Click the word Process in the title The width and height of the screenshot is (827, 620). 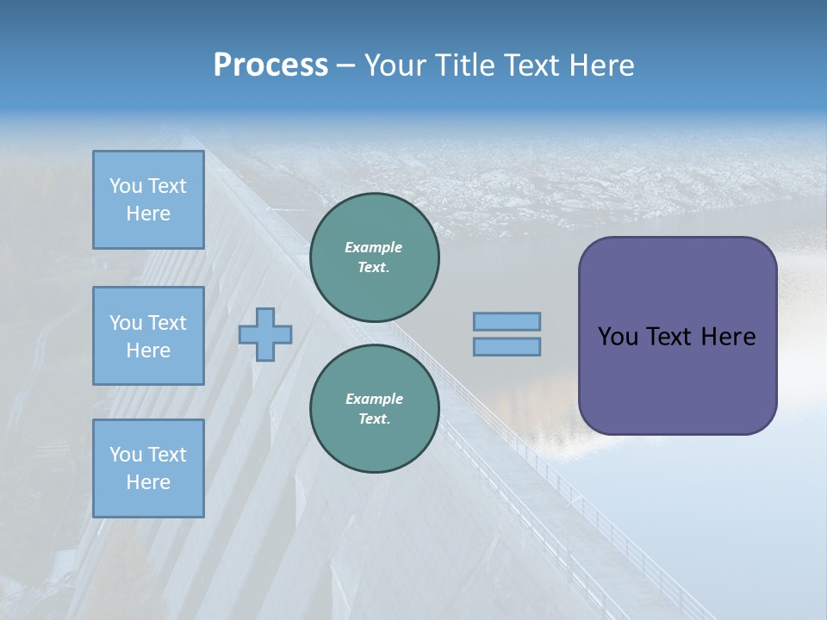(270, 65)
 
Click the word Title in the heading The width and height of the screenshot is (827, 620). (464, 65)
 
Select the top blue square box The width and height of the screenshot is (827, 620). (148, 200)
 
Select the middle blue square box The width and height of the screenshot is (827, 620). (148, 336)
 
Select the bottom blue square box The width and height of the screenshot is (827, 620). (148, 468)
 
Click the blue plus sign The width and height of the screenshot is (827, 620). (265, 334)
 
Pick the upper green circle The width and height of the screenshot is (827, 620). (374, 257)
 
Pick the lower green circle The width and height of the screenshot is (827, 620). (374, 409)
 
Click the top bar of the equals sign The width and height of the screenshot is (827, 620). (507, 322)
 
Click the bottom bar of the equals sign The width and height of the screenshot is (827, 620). (507, 347)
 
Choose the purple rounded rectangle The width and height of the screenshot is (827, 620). (677, 379)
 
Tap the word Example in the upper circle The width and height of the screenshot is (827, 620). (373, 247)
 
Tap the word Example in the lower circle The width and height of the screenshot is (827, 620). (374, 399)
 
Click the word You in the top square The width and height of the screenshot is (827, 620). (126, 186)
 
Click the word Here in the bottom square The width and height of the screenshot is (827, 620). (148, 482)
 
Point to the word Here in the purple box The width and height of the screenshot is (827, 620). (729, 337)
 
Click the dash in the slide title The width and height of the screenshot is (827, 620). (346, 65)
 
